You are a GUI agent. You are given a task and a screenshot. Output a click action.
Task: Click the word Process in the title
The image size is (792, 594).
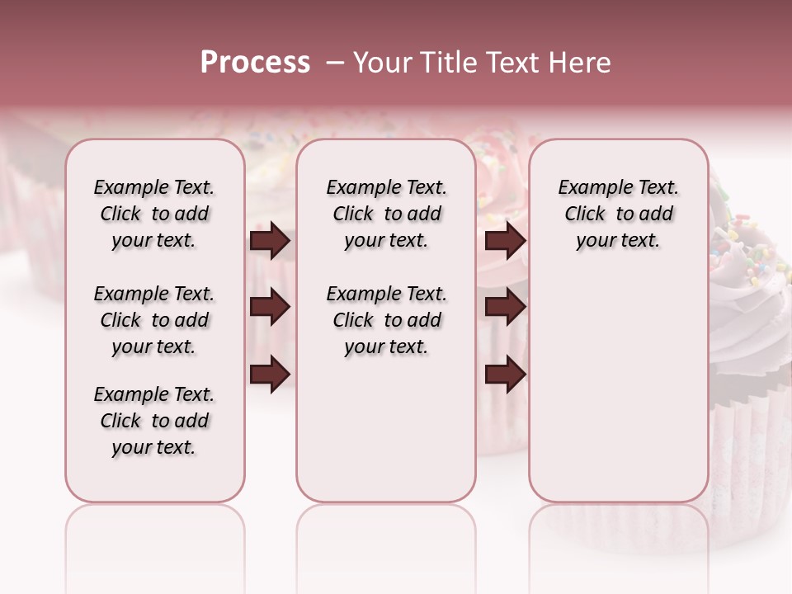pyautogui.click(x=255, y=63)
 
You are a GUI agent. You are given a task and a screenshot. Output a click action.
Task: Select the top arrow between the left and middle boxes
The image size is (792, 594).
pyautogui.click(x=270, y=241)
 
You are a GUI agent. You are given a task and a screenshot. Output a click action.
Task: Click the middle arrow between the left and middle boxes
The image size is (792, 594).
pyautogui.click(x=270, y=308)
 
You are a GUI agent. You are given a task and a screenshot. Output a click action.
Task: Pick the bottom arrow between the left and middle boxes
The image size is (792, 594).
pyautogui.click(x=270, y=373)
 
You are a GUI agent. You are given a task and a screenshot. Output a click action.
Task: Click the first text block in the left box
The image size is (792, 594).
pyautogui.click(x=154, y=214)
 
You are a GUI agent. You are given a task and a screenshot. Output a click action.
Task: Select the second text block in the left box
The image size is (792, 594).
pyautogui.click(x=154, y=320)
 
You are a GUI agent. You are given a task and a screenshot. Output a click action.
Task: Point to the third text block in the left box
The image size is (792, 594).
pyautogui.click(x=154, y=421)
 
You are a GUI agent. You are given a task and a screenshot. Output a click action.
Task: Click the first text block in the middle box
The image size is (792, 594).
pyautogui.click(x=386, y=214)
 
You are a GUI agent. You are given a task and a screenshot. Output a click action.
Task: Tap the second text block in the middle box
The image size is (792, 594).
pyautogui.click(x=386, y=320)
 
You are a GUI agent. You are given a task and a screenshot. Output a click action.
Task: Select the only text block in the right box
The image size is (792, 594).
pyautogui.click(x=618, y=214)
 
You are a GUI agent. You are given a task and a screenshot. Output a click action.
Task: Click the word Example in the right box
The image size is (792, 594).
pyautogui.click(x=592, y=188)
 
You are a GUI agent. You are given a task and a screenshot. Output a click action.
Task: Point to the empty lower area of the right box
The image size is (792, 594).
pyautogui.click(x=618, y=379)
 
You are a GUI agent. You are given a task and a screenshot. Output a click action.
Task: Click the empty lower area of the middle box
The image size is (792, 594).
pyautogui.click(x=386, y=429)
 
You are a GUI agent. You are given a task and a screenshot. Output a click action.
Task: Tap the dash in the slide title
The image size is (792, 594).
pyautogui.click(x=333, y=63)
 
